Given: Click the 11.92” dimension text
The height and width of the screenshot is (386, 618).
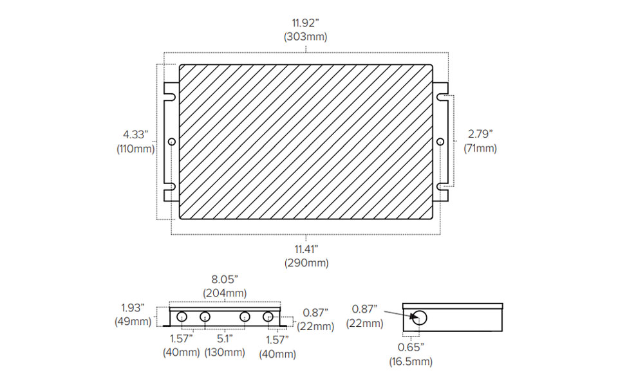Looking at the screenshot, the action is (305, 23).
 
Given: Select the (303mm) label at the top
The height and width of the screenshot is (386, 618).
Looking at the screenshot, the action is (305, 37).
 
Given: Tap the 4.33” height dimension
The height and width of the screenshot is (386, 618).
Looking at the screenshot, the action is (136, 134).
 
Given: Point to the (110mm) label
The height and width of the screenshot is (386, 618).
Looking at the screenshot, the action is (136, 149).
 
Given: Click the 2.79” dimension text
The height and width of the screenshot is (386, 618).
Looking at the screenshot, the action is (480, 134).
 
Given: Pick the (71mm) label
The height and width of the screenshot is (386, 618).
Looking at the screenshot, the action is (480, 148).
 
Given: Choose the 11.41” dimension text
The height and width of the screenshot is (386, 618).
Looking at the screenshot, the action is (306, 249).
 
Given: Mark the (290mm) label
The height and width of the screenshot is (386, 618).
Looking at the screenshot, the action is (306, 262).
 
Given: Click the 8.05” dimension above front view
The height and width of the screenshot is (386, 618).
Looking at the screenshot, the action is (225, 279).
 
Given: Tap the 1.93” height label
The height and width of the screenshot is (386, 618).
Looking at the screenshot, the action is (133, 308).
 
